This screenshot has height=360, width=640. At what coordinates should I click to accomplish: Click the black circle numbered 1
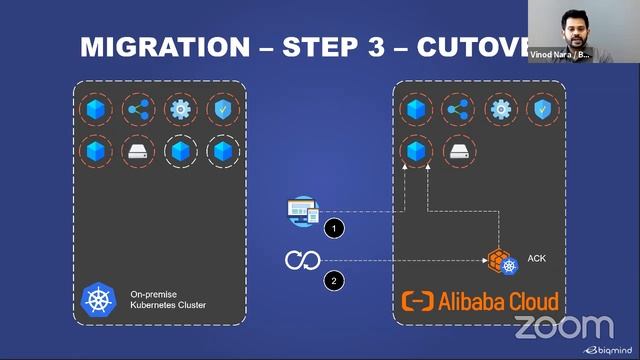(x=334, y=229)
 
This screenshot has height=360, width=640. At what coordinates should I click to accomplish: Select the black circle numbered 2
(x=334, y=281)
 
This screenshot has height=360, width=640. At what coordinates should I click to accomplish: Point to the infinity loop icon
(x=301, y=261)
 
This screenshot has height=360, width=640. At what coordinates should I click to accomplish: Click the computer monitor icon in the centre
(x=302, y=211)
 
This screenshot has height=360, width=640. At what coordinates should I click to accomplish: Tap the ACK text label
(x=537, y=259)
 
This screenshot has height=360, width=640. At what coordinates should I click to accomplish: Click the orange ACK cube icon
(x=499, y=260)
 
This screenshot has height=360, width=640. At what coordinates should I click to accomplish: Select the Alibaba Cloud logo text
(x=480, y=301)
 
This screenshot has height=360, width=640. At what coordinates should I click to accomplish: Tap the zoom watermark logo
(x=564, y=326)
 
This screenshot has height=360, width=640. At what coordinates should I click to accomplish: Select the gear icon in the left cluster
(x=180, y=109)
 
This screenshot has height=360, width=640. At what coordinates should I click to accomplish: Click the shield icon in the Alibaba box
(x=542, y=109)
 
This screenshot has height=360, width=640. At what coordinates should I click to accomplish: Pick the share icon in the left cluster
(x=137, y=109)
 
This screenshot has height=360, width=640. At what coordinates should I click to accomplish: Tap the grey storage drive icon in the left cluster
(x=137, y=151)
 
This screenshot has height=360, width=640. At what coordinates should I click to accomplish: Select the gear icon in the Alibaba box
(x=500, y=109)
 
